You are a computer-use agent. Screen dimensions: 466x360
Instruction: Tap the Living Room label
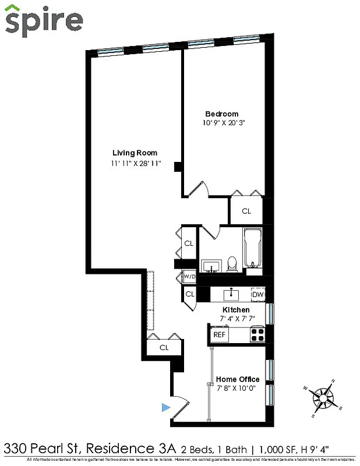pos(135,153)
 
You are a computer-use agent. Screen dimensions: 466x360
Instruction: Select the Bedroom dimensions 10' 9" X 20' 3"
pos(221,123)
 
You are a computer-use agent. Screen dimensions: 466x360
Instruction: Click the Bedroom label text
pos(221,114)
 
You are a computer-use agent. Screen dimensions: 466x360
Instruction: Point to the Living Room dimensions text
pos(136,164)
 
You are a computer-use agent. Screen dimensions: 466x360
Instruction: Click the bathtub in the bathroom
pos(253,248)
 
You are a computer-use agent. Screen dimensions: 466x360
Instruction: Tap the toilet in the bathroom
pos(232,264)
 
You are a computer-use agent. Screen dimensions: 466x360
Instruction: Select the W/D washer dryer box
pos(189,277)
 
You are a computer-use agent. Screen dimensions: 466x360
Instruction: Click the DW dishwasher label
pos(258,295)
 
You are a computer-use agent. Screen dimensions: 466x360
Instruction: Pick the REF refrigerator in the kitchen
pos(219,335)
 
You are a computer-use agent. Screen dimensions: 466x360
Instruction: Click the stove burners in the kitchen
pos(257,334)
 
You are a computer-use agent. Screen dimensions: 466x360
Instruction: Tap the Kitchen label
pos(237,309)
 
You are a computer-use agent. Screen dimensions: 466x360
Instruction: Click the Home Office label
pos(238,379)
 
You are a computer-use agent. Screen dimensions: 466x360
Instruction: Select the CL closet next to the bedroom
pos(246,211)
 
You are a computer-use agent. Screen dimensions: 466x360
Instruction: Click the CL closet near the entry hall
pos(164,348)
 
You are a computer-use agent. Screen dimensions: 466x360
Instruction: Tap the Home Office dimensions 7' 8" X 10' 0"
pos(238,389)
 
